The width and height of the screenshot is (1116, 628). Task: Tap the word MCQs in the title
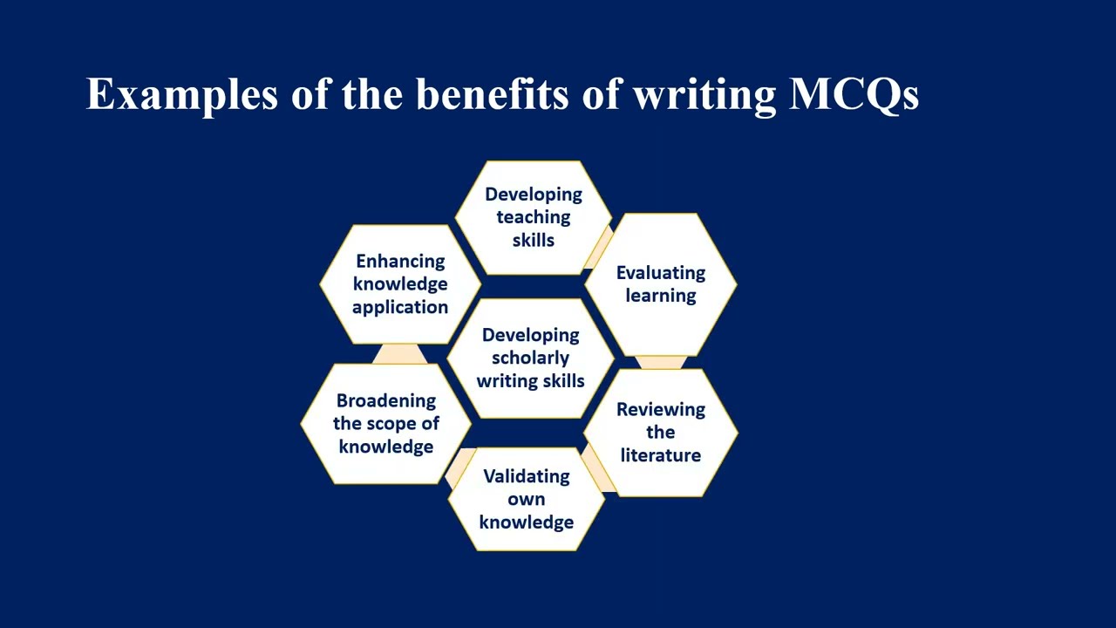854,94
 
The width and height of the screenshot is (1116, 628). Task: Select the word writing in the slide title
704,94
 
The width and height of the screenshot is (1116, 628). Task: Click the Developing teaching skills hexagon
533,218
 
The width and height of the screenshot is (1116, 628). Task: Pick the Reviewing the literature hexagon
661,433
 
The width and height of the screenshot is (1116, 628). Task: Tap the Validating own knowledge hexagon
527,500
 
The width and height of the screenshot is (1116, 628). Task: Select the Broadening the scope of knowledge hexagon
386,424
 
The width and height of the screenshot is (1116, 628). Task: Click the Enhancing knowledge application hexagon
400,284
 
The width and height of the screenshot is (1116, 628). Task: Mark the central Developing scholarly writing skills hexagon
530,358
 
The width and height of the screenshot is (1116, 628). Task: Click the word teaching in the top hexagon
533,217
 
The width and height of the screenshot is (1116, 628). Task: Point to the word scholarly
530,358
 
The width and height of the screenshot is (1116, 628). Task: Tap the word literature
660,455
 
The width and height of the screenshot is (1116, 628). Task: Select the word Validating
527,476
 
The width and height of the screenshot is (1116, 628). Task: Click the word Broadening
386,401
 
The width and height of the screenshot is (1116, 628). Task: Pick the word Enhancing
400,262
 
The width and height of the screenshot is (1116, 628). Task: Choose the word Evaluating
661,273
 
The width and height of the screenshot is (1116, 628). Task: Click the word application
400,307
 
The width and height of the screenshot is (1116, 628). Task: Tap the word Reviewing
661,410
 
